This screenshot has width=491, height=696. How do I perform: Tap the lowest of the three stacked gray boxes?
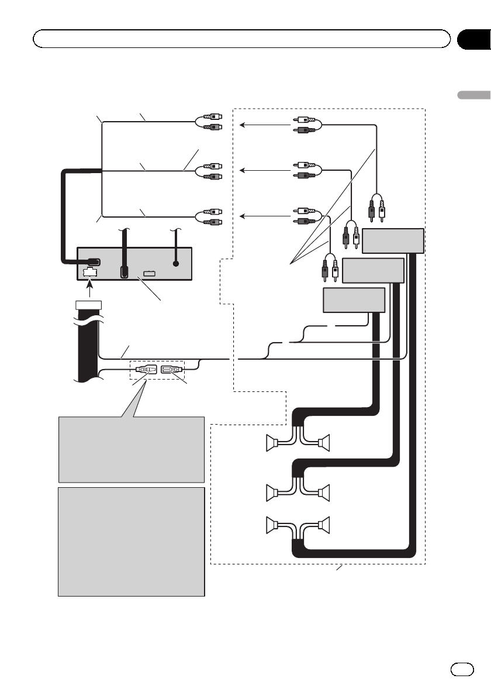(354, 300)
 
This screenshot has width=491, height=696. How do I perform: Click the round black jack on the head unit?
(176, 264)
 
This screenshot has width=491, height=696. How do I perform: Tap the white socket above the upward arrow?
(89, 271)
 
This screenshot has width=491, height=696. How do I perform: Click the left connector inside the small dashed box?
(144, 370)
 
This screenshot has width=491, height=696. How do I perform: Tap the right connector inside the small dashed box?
(171, 370)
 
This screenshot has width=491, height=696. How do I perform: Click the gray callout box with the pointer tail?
(132, 448)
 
